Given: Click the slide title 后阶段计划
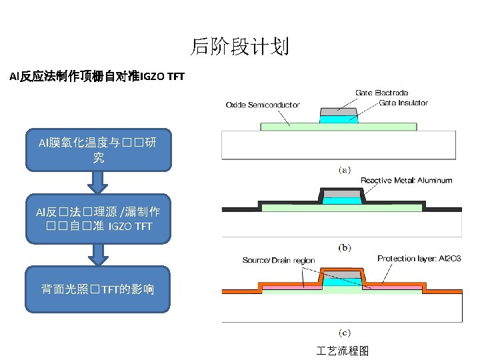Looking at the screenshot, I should click(x=239, y=47).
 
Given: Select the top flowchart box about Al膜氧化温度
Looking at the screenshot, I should click(x=98, y=150).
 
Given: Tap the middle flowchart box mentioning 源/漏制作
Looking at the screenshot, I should click(x=98, y=219).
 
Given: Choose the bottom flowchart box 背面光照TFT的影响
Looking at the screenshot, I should click(x=98, y=289).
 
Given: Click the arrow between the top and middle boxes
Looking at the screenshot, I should click(x=98, y=182).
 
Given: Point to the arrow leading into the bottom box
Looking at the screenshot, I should click(x=98, y=253).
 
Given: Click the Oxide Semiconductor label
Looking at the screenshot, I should click(x=263, y=105).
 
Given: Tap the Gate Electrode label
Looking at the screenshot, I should click(x=381, y=93).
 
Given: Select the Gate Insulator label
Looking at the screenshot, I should click(x=403, y=103).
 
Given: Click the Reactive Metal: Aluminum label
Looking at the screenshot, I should click(x=406, y=180).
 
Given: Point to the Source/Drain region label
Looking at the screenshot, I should click(x=278, y=260).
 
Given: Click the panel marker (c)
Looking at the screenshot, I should click(x=344, y=332).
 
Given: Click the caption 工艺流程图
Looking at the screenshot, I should click(x=343, y=351).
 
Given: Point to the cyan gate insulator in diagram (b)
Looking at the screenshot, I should click(x=341, y=200).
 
